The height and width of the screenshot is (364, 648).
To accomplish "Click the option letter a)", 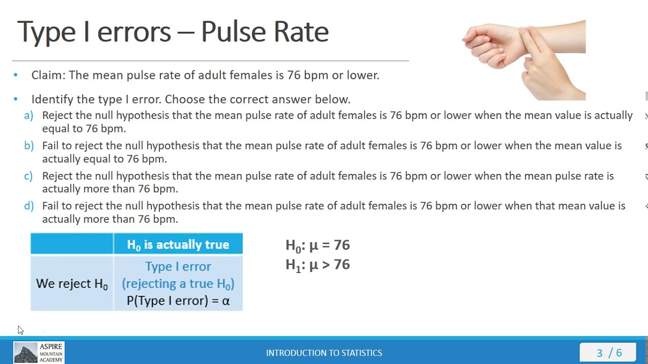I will pyautogui.click(x=29, y=115).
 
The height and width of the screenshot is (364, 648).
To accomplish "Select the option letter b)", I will pyautogui.click(x=29, y=146).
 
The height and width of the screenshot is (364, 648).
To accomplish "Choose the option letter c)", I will pyautogui.click(x=28, y=176).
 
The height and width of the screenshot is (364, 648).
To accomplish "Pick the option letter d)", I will pyautogui.click(x=29, y=206).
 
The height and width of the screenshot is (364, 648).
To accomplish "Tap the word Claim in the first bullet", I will pyautogui.click(x=48, y=75).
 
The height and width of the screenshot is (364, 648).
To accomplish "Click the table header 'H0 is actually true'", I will pyautogui.click(x=178, y=245).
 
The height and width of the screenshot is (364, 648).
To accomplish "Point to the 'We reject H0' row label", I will pyautogui.click(x=72, y=284).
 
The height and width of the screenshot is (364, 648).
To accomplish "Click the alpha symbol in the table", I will pyautogui.click(x=226, y=301).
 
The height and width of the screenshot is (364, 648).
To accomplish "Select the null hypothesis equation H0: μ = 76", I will pyautogui.click(x=317, y=245).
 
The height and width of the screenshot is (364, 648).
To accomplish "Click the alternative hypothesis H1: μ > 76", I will pyautogui.click(x=317, y=265).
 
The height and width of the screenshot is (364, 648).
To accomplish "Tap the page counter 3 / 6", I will pyautogui.click(x=609, y=353).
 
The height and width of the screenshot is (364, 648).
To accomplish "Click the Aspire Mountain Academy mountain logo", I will pyautogui.click(x=25, y=352).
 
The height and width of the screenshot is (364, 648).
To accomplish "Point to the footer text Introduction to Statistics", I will pyautogui.click(x=324, y=353).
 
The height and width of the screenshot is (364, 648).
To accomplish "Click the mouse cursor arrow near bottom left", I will pyautogui.click(x=20, y=330).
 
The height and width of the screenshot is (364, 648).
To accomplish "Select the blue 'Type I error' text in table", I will pyautogui.click(x=178, y=266).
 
